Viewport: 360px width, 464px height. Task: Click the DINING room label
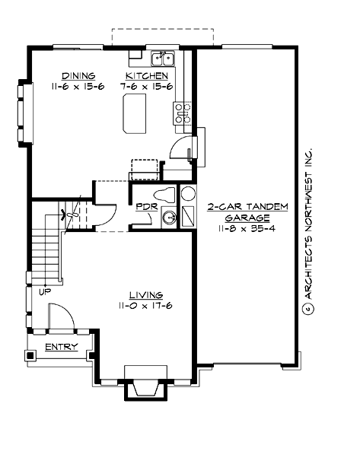coord(78,75)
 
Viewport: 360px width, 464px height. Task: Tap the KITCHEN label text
coord(147,75)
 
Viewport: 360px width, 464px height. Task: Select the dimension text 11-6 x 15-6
coord(78,87)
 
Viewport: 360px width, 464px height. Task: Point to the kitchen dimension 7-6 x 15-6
coord(147,87)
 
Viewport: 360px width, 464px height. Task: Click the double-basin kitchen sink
coord(163,59)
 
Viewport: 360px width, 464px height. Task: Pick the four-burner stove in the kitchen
coord(184,113)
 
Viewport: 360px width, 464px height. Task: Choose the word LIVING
coord(145,294)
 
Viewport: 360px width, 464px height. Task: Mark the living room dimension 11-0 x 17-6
coord(145,306)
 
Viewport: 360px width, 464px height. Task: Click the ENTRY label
coord(60,347)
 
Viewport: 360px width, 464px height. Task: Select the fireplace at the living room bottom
coord(145,386)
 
